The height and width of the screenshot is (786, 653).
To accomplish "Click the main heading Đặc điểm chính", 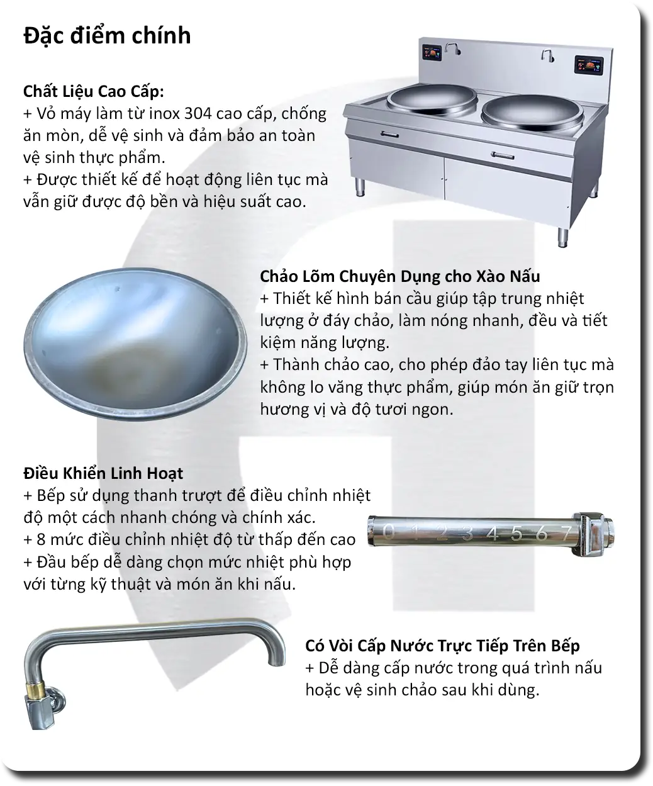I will click(x=107, y=35).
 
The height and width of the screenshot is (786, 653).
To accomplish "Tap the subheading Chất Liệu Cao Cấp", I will click(x=94, y=92).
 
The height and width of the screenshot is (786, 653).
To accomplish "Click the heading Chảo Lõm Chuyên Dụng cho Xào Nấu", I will click(x=399, y=276).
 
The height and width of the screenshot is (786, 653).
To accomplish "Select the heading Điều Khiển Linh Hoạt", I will click(x=103, y=473).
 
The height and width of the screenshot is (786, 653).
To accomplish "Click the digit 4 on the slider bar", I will click(x=493, y=534).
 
